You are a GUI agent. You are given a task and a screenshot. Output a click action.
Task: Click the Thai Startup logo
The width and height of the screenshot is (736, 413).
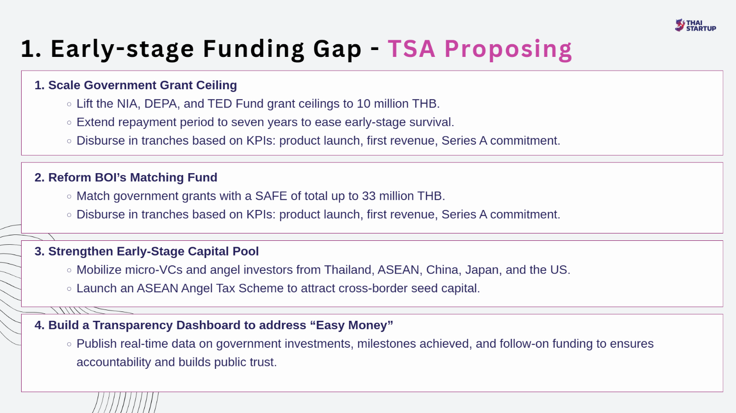click(x=696, y=26)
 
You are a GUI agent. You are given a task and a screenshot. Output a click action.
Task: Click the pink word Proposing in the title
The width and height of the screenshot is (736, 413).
click(x=508, y=49)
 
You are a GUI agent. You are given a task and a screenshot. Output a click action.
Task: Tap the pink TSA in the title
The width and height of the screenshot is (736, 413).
click(x=412, y=49)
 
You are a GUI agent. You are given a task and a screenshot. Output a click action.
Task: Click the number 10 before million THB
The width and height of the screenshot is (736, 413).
click(x=364, y=104)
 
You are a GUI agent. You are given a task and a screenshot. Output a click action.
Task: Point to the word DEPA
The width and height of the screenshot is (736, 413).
click(x=162, y=104)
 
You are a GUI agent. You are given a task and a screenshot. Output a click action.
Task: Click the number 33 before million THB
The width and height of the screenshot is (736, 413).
click(x=368, y=196)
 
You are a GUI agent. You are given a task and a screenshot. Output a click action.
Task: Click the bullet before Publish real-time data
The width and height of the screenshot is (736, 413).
click(x=69, y=344)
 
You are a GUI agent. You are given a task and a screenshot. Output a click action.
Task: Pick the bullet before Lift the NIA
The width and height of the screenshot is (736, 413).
click(x=69, y=104)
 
